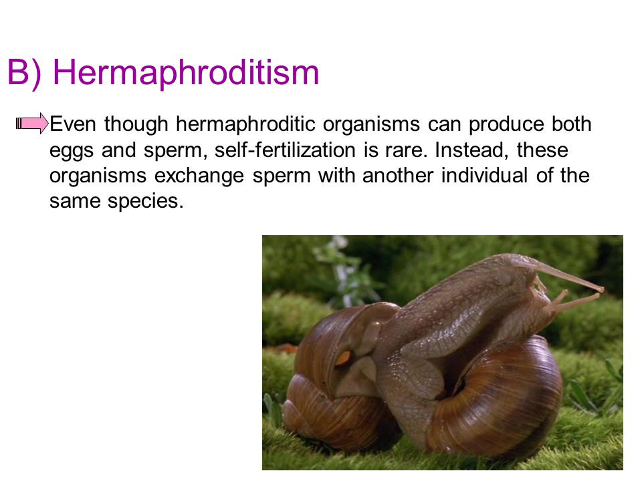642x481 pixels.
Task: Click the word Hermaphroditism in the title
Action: (x=186, y=73)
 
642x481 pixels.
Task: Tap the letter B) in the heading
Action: (x=24, y=73)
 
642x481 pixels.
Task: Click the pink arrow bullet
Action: (x=32, y=123)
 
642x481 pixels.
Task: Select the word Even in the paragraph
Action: (x=73, y=124)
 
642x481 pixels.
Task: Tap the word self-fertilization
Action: (x=285, y=149)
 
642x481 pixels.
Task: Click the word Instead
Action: (x=471, y=150)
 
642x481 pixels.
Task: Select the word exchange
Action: (x=199, y=176)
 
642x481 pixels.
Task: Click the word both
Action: (x=571, y=124)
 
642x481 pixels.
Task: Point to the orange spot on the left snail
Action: (x=343, y=357)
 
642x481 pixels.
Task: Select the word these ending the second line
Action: (x=542, y=149)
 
